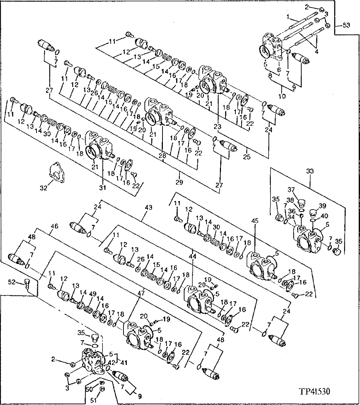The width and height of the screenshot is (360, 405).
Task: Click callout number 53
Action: pos(346,25)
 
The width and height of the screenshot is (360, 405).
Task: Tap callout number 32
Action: pos(43,188)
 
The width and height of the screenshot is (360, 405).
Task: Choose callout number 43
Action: pos(148,208)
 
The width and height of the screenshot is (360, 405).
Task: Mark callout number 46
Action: pos(54,227)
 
